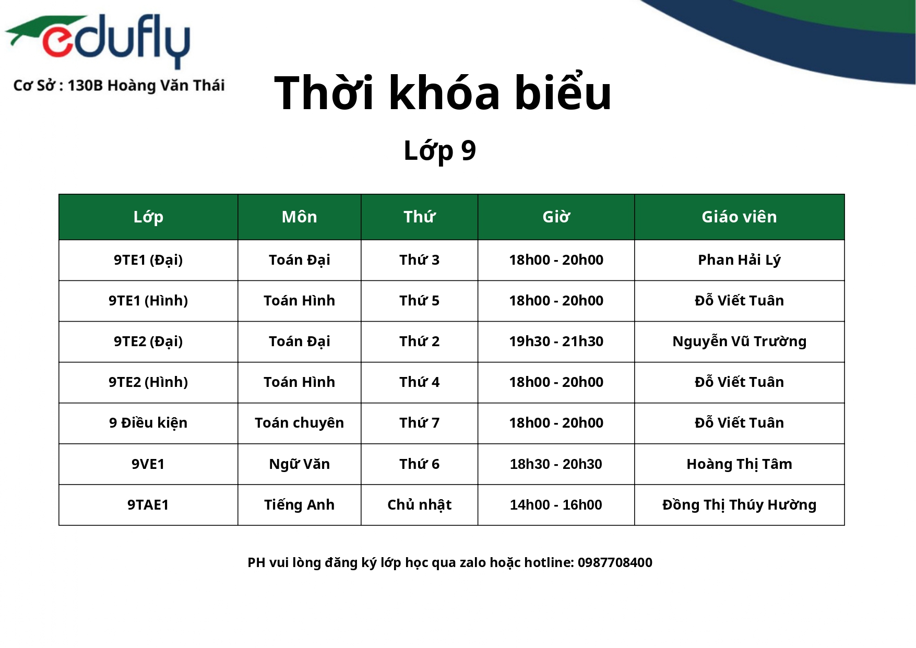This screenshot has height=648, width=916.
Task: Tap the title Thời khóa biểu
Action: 443,93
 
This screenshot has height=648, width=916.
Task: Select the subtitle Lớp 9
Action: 439,151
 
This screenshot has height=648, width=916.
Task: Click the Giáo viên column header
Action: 739,217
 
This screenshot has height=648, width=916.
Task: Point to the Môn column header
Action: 299,217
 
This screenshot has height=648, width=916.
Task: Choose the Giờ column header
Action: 556,217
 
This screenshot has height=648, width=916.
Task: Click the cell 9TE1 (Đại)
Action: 148,260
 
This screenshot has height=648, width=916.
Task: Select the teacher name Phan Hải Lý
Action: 739,260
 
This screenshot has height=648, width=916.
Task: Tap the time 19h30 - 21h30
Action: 556,341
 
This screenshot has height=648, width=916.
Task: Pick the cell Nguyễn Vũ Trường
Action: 739,341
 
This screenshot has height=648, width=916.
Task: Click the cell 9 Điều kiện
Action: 148,422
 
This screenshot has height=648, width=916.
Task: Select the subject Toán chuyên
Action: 299,423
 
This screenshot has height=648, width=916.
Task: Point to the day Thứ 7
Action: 419,422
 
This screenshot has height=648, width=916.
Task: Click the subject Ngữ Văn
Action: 299,464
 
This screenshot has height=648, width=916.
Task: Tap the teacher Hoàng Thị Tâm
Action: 739,464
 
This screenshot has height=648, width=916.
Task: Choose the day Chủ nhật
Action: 419,504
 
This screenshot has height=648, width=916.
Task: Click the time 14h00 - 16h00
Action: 556,504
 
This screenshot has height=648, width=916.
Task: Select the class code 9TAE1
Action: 148,504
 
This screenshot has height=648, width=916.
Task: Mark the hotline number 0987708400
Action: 615,562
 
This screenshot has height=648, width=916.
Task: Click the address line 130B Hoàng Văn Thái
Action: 146,85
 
